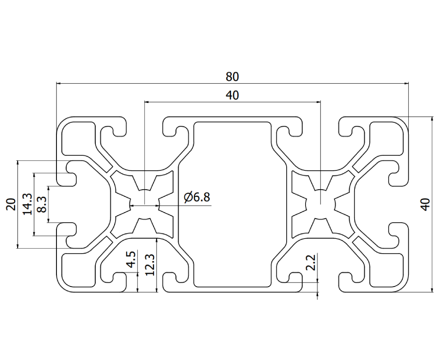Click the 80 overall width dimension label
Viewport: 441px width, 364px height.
(x=232, y=76)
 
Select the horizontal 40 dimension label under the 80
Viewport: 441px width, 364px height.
(x=232, y=95)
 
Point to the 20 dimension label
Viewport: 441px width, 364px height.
(x=11, y=204)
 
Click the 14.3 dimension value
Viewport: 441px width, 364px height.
(x=27, y=204)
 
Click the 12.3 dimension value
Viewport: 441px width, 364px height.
(x=149, y=264)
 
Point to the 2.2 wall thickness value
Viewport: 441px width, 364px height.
(x=311, y=263)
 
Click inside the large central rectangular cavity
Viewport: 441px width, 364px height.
(x=232, y=204)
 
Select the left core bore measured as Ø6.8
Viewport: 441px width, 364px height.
(x=144, y=205)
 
